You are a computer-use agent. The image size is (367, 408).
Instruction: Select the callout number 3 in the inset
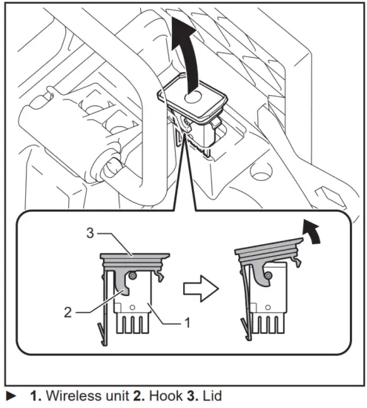tap(90, 234)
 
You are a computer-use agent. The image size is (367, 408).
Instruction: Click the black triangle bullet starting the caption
tap(11, 398)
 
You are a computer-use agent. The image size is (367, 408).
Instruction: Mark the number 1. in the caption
tap(36, 398)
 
